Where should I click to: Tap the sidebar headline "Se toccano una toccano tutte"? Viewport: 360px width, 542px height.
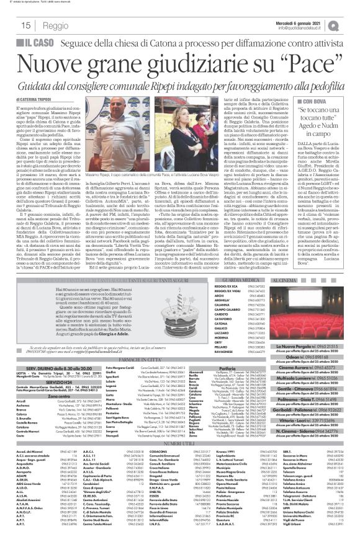[x=313, y=120]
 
